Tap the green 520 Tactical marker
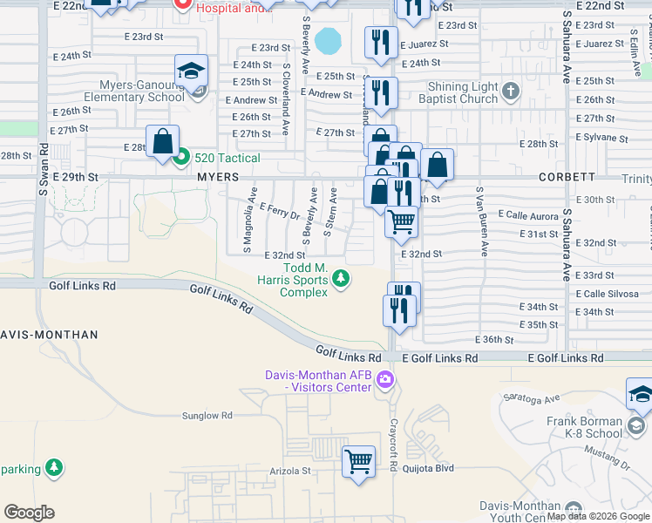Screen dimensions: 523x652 click(x=181, y=158)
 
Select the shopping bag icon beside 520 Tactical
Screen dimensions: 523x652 click(x=163, y=140)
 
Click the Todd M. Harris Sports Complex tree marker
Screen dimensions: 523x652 click(x=342, y=279)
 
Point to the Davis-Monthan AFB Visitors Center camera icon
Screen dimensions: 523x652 click(x=386, y=381)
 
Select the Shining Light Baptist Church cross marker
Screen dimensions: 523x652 click(x=511, y=91)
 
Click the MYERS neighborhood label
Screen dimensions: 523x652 click(x=218, y=176)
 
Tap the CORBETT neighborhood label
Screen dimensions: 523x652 click(x=570, y=176)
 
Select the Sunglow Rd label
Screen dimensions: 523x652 click(x=207, y=416)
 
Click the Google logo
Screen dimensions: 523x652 click(x=30, y=513)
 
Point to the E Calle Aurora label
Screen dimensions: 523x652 click(x=528, y=214)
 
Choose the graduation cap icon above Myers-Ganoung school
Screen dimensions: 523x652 click(x=191, y=71)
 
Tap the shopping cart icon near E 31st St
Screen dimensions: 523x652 click(x=401, y=221)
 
